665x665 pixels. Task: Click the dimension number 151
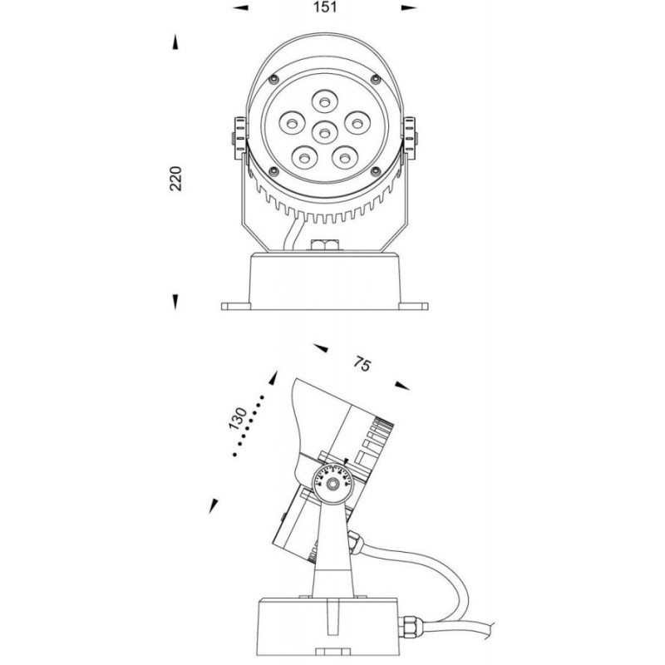click(x=325, y=7)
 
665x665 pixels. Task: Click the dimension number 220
click(x=175, y=179)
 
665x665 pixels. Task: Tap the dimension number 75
click(x=362, y=364)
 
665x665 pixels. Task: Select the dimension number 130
click(x=238, y=419)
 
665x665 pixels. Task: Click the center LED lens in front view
click(x=324, y=133)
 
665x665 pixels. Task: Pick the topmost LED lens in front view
click(x=324, y=101)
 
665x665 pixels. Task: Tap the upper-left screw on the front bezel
click(x=274, y=78)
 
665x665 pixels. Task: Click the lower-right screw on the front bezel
click(x=376, y=171)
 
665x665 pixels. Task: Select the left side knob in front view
click(x=239, y=138)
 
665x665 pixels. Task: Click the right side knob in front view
click(x=410, y=138)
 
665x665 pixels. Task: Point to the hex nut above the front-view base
click(x=324, y=245)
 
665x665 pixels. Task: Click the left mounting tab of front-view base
click(x=236, y=306)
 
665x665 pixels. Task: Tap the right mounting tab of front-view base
click(x=413, y=306)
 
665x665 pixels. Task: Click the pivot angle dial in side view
click(x=332, y=483)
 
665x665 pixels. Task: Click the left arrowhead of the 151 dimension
click(x=240, y=7)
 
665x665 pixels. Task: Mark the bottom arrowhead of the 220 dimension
click(x=175, y=302)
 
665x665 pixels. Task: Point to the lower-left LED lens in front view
click(x=303, y=158)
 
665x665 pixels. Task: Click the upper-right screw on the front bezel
click(x=376, y=78)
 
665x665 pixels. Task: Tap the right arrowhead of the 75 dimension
click(x=402, y=386)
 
